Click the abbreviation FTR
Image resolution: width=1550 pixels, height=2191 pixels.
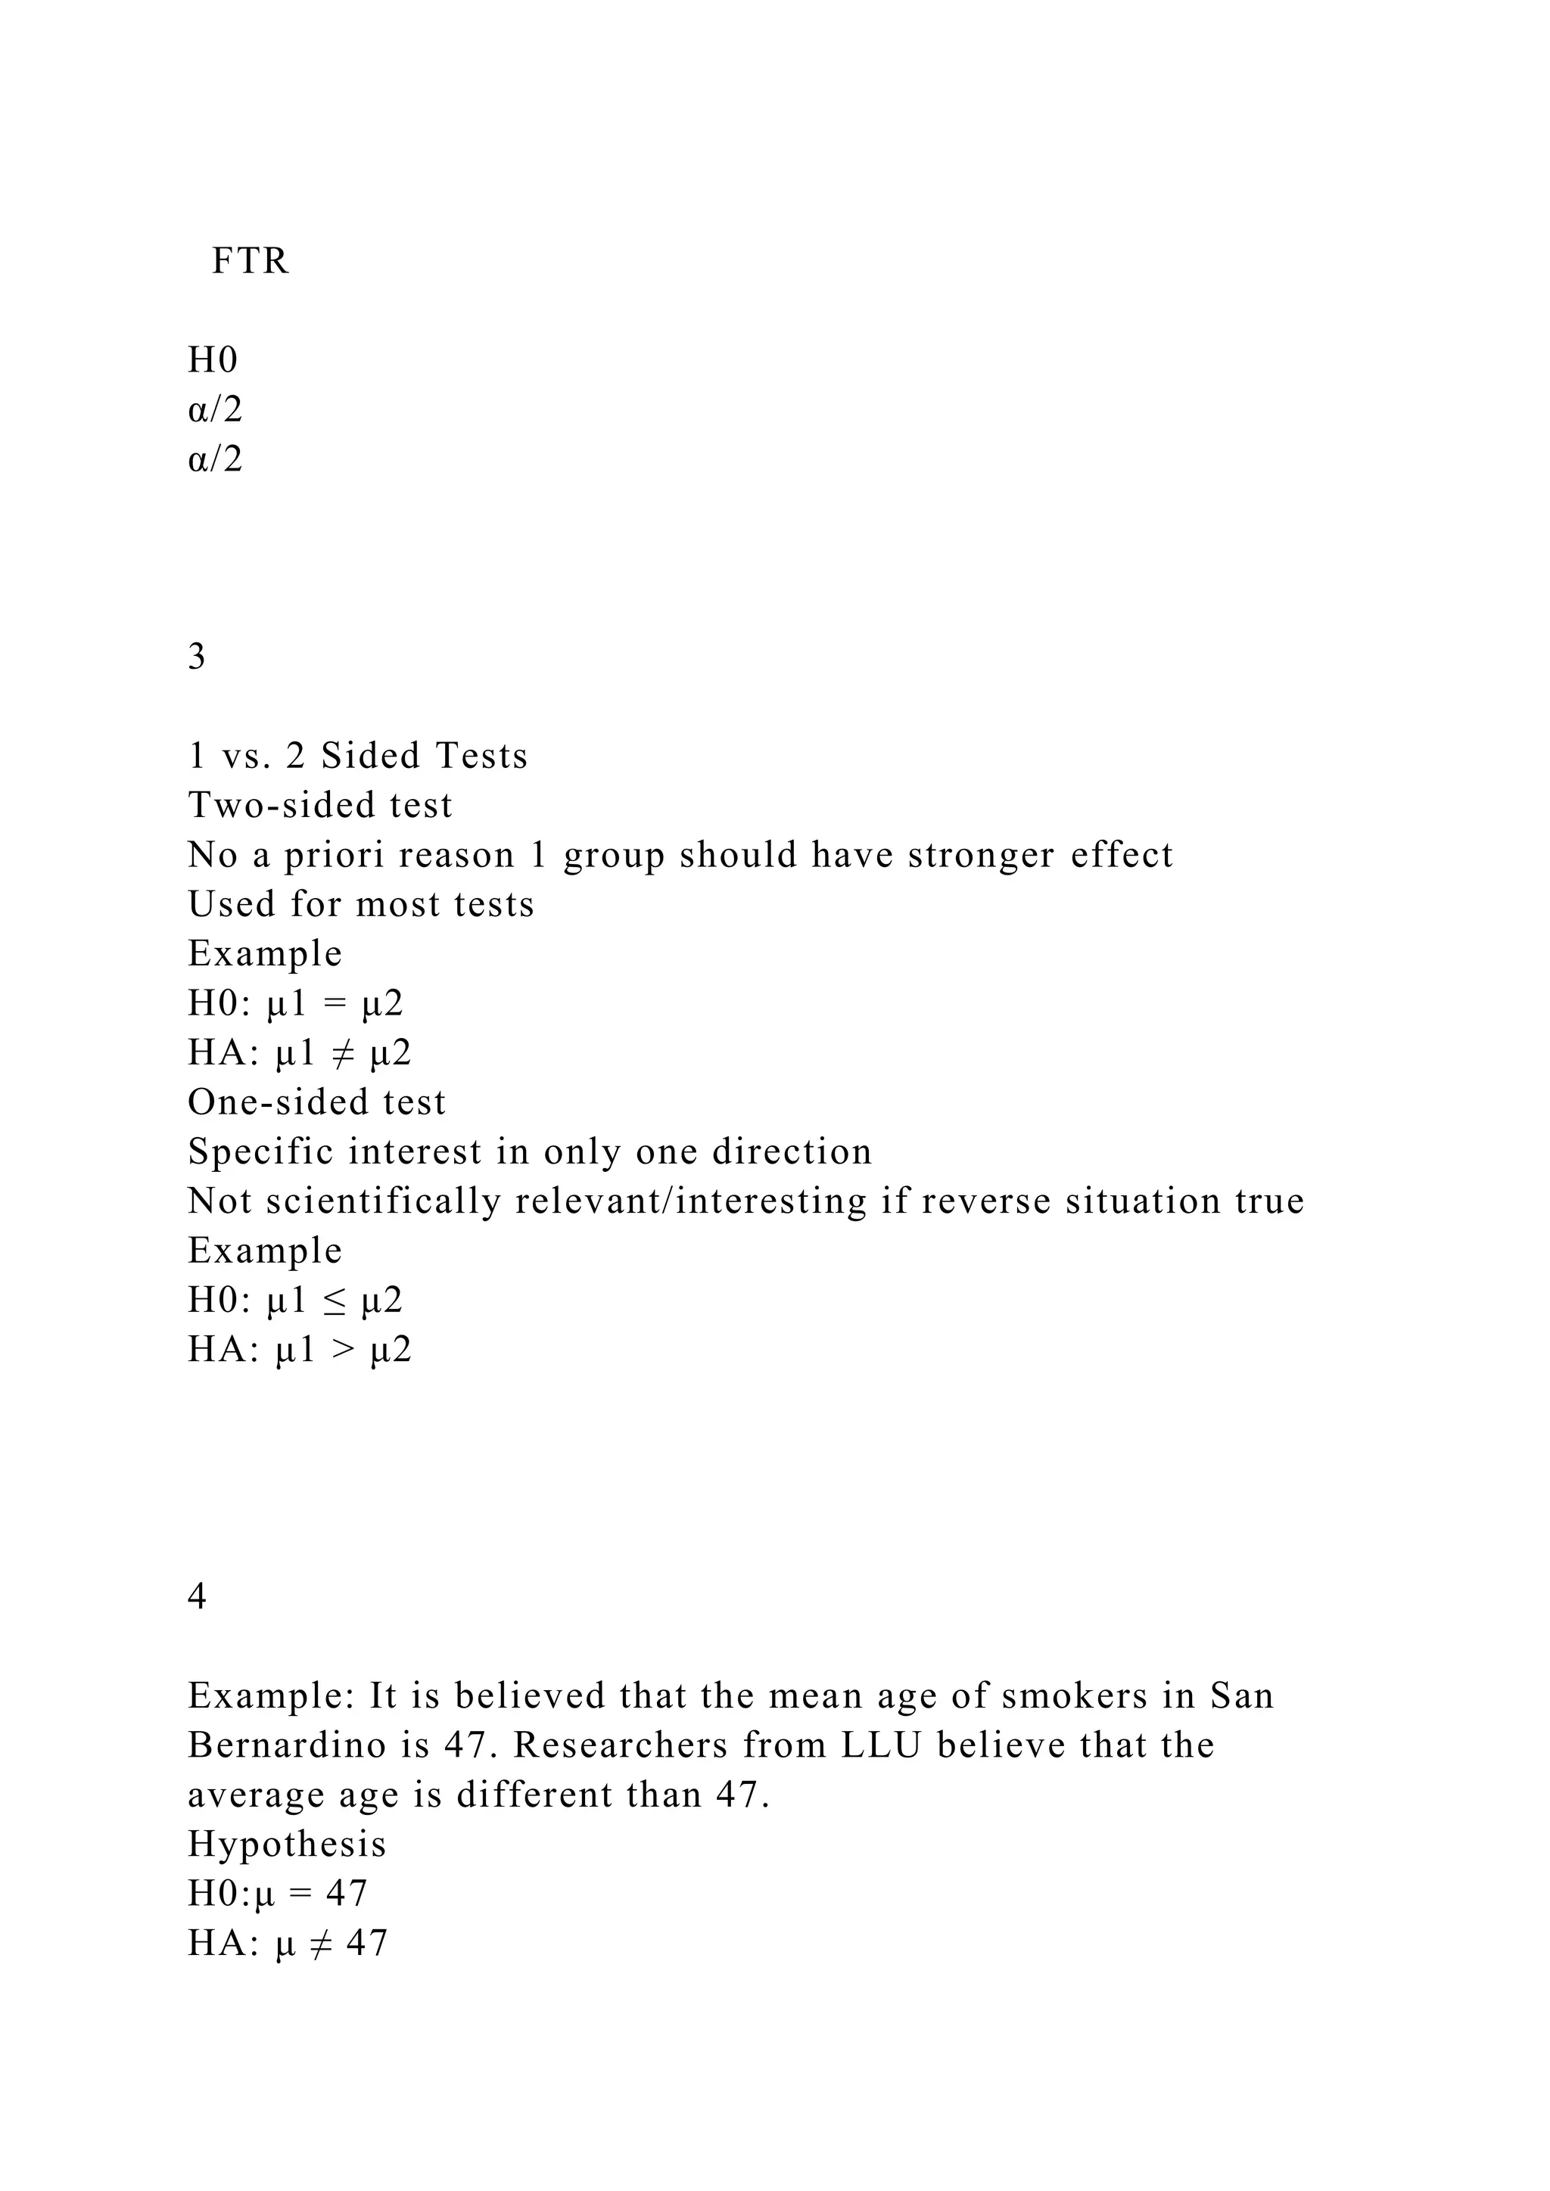(x=250, y=260)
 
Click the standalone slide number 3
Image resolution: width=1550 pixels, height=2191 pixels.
(x=197, y=657)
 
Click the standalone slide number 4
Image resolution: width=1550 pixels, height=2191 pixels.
(x=197, y=1596)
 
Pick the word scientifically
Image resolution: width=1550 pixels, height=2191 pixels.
(x=384, y=1201)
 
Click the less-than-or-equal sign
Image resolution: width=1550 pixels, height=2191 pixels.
(x=334, y=1301)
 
